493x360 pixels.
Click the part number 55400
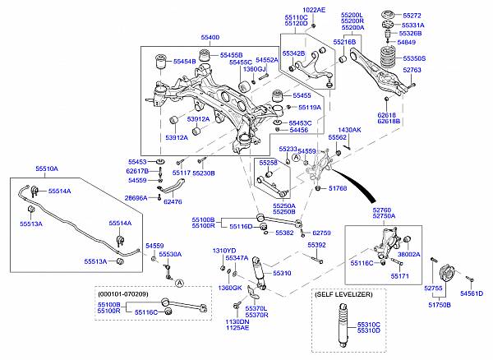[210, 38]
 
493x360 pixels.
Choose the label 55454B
[184, 62]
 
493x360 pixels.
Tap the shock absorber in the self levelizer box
[339, 328]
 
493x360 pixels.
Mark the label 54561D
[472, 293]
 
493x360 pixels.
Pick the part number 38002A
[409, 255]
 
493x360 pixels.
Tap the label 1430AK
[349, 130]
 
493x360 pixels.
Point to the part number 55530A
[170, 255]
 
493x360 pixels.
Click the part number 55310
[282, 273]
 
